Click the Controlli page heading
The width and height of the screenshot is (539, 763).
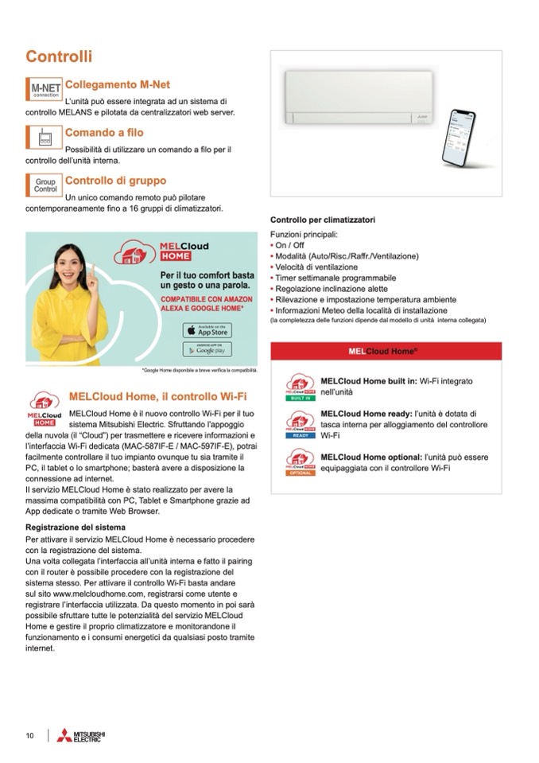point(59,56)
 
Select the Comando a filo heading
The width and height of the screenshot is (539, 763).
point(104,133)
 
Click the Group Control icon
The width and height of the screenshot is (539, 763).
point(45,185)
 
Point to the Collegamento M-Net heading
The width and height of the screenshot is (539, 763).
point(117,84)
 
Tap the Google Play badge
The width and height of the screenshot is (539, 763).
point(207,349)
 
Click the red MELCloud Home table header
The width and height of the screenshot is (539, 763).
point(386,351)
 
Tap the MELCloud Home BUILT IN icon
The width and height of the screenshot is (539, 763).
point(301,385)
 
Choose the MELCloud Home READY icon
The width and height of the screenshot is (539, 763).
point(301,424)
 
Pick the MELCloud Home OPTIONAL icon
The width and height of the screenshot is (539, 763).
point(301,461)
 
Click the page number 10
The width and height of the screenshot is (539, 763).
point(29,735)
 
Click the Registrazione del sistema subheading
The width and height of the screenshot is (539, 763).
point(76,527)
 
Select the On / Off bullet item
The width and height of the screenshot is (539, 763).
point(290,246)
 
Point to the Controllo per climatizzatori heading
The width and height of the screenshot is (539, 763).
point(323,220)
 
